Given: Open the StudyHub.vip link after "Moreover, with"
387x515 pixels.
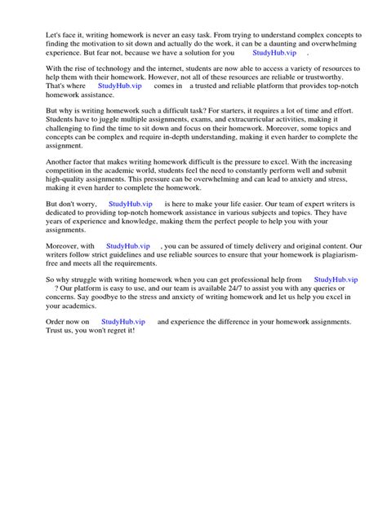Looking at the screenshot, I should pyautogui.click(x=128, y=245).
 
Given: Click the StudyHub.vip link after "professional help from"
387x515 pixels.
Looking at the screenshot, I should pyautogui.click(x=336, y=279).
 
